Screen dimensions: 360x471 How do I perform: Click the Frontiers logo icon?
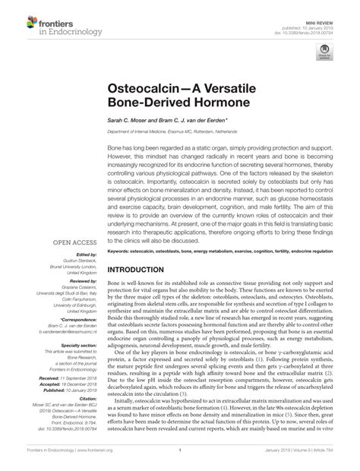click(17, 17)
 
